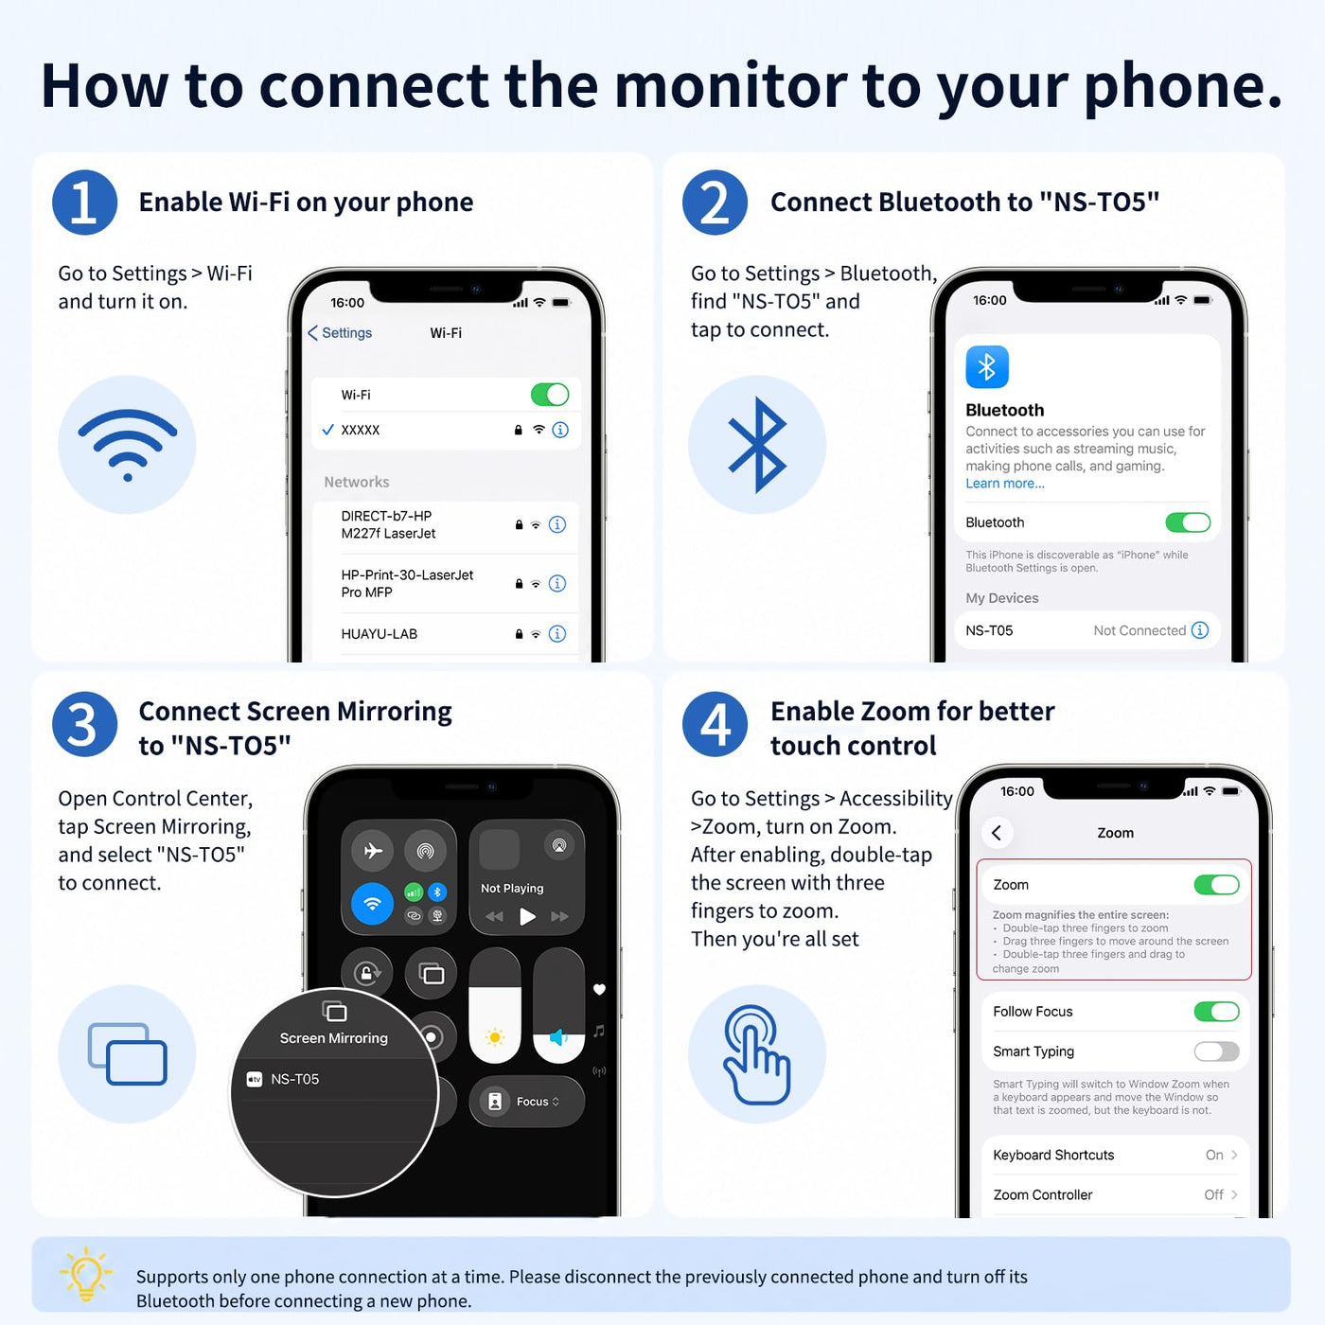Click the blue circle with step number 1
84,203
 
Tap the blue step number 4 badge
715,724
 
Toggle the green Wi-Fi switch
549,395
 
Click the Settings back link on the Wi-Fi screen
340,333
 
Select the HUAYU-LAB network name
379,634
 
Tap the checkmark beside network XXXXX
328,430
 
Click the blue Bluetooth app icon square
987,366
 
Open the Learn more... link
1004,484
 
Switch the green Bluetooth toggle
1188,522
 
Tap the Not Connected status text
1139,630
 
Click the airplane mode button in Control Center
373,851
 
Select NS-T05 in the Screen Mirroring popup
295,1079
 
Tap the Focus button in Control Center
527,1101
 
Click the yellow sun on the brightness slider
494,1037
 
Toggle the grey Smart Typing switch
1216,1051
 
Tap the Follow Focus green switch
1216,1012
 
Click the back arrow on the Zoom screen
997,833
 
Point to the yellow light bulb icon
86,1274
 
